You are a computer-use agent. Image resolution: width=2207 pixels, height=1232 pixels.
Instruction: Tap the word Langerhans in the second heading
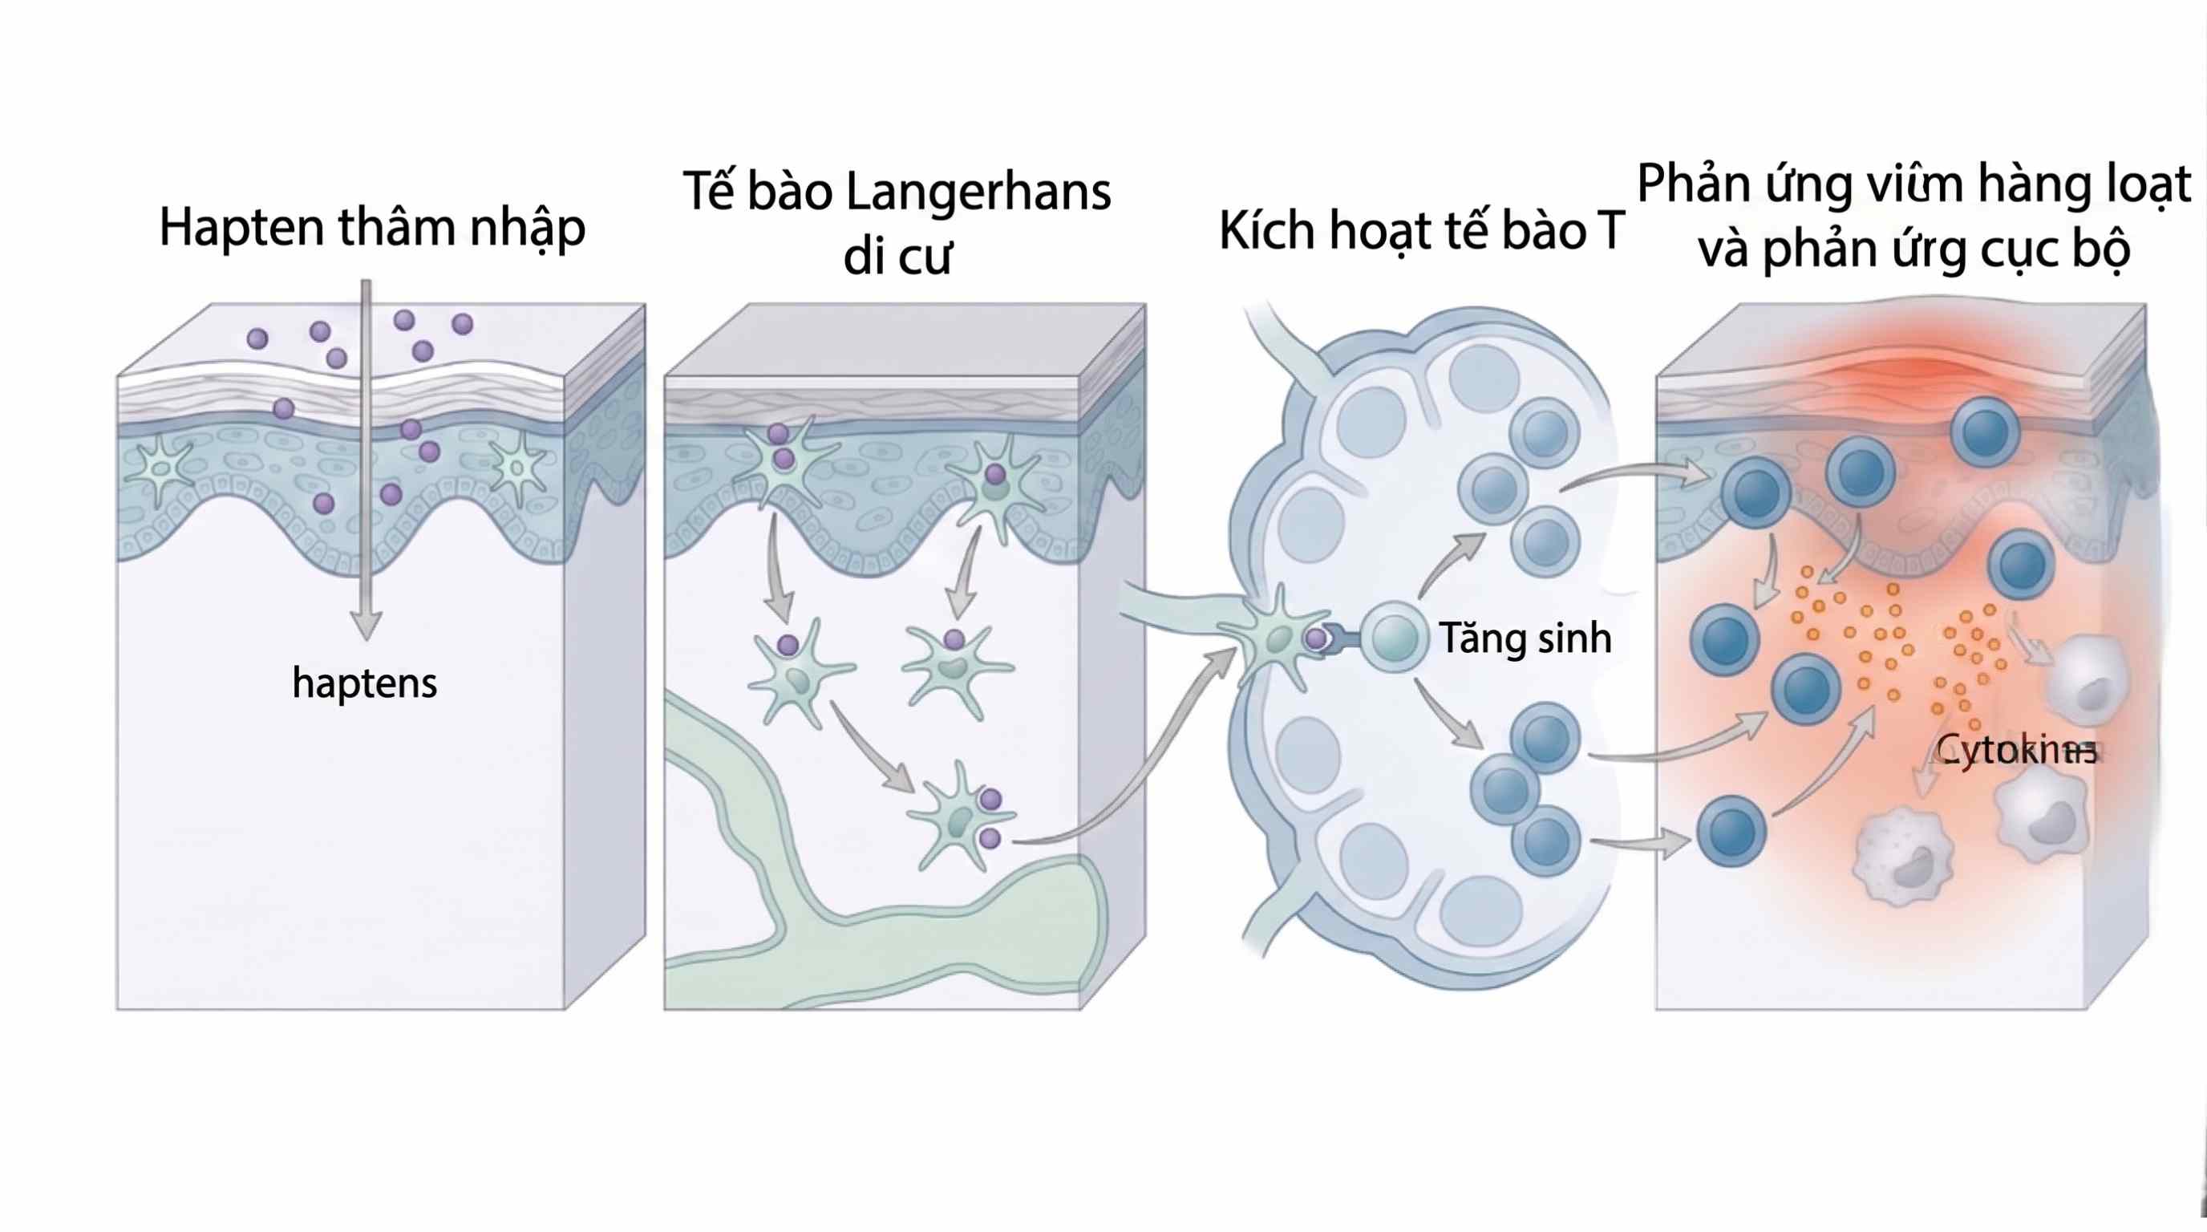click(x=978, y=192)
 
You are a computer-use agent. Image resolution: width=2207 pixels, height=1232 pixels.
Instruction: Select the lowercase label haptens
click(x=364, y=683)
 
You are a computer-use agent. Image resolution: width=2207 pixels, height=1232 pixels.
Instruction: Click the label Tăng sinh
click(x=1525, y=638)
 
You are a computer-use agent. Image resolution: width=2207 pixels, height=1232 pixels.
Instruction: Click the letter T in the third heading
click(x=1609, y=230)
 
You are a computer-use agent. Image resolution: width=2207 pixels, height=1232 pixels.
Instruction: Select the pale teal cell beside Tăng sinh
click(x=1394, y=638)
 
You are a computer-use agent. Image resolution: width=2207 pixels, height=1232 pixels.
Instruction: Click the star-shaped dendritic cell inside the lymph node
click(x=1277, y=636)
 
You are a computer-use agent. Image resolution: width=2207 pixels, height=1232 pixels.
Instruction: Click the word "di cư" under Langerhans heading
click(x=897, y=256)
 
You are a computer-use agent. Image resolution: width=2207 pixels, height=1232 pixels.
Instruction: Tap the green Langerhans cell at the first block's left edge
click(x=160, y=468)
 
